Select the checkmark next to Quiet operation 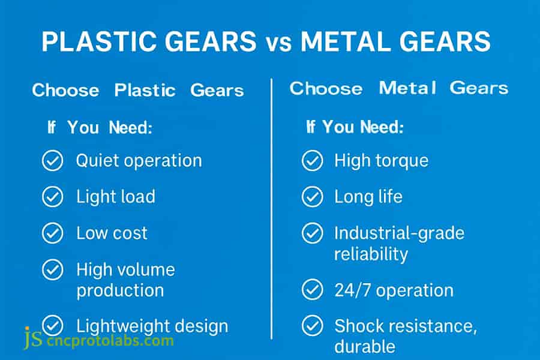(x=53, y=161)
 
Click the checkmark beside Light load (x=53, y=197)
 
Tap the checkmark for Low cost (x=53, y=233)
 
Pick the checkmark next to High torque (x=312, y=161)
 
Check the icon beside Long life (x=312, y=197)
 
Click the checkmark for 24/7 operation (x=312, y=290)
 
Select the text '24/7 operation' (x=394, y=290)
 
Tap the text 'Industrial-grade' (x=399, y=233)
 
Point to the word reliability (x=371, y=253)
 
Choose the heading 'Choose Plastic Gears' (x=138, y=91)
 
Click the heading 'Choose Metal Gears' (x=399, y=88)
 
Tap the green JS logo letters (x=32, y=339)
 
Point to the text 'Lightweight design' (x=152, y=326)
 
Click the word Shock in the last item (x=360, y=326)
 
